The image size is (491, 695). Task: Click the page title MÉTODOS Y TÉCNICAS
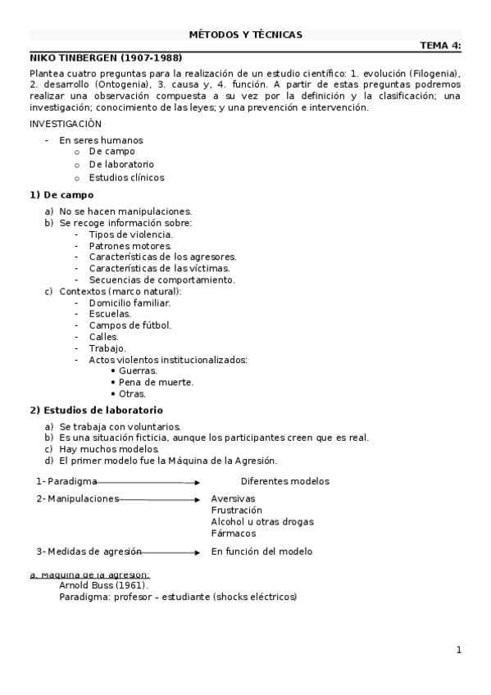245,34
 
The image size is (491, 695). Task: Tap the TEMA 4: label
440,46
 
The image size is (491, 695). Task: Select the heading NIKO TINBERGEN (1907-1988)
106,58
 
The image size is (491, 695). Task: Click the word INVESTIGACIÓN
66,124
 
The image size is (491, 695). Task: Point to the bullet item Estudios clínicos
126,177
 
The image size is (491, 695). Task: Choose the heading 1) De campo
61,195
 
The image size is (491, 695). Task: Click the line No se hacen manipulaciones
125,211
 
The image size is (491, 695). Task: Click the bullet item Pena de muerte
156,382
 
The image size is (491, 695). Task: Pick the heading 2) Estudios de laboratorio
97,410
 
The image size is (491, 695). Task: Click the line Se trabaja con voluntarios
120,426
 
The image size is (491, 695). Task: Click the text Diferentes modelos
284,481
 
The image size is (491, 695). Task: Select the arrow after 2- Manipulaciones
160,498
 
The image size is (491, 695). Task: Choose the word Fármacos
234,533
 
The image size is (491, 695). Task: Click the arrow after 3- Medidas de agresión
171,552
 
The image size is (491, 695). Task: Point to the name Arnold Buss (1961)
103,585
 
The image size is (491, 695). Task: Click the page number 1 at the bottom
459,650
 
